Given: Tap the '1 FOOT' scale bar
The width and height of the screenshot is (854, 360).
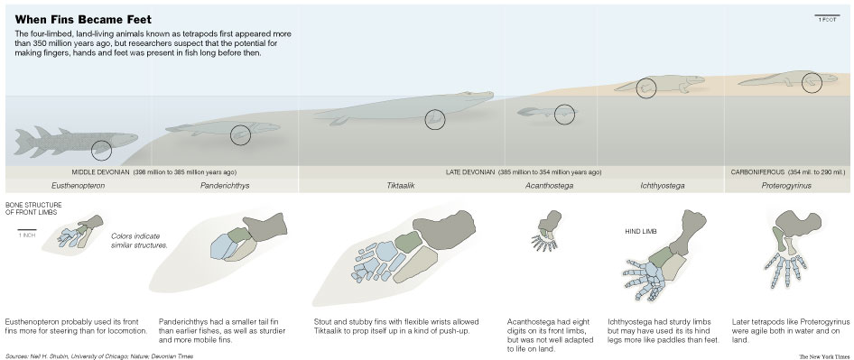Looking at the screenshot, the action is click(825, 14).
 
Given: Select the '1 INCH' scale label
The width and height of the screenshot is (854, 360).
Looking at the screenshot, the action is click(27, 235).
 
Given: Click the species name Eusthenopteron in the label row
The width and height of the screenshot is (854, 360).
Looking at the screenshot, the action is click(78, 186).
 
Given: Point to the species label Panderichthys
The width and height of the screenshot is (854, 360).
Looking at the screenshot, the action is click(225, 186).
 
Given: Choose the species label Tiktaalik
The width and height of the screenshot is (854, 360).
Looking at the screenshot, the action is click(397, 186).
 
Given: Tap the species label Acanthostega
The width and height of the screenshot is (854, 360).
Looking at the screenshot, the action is click(549, 186).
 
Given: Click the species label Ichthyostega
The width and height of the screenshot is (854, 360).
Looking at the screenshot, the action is click(663, 186).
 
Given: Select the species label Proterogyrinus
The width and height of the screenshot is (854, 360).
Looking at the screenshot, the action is click(786, 186).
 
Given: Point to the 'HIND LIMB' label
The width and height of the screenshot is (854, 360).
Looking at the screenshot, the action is click(641, 232).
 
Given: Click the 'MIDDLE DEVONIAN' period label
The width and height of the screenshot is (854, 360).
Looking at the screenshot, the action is click(100, 172).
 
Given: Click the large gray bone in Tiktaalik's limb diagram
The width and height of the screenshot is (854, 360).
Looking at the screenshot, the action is click(444, 228).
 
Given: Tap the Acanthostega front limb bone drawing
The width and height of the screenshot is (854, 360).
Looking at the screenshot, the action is click(546, 232).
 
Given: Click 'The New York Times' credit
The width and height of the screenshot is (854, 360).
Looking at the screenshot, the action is click(822, 356).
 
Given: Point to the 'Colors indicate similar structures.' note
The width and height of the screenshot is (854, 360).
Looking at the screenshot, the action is click(139, 241).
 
